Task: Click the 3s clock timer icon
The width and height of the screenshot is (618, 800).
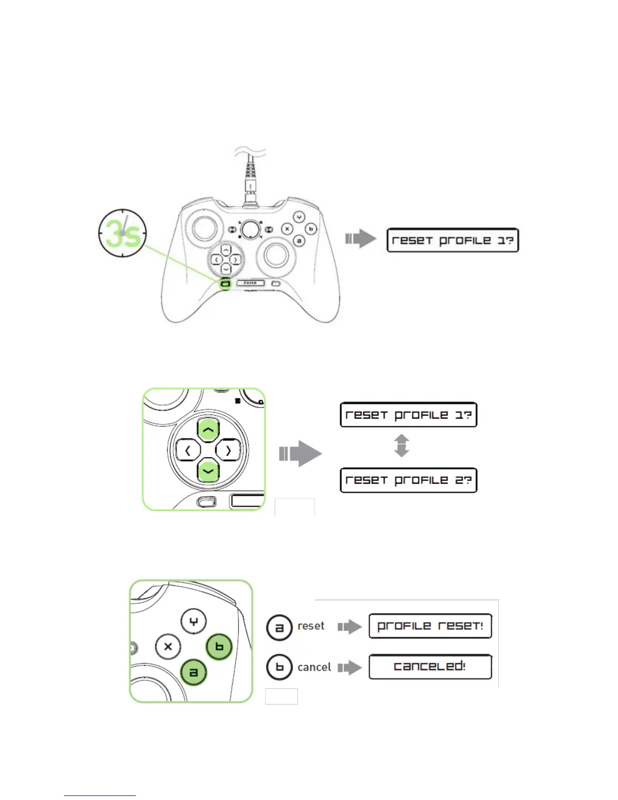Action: pyautogui.click(x=122, y=233)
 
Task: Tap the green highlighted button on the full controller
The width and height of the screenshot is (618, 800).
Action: pyautogui.click(x=225, y=284)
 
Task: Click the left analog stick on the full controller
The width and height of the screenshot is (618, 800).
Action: pyautogui.click(x=204, y=228)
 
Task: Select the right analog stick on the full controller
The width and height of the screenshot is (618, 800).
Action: pyautogui.click(x=276, y=255)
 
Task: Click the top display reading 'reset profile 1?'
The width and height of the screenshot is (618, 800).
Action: pyautogui.click(x=452, y=240)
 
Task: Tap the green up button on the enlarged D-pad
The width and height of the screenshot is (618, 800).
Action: pyautogui.click(x=208, y=430)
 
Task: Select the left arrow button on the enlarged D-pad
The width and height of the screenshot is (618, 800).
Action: pyautogui.click(x=188, y=450)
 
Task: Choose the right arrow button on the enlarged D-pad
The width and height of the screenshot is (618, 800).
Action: pyautogui.click(x=228, y=450)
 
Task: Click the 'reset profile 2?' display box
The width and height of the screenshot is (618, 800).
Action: pyautogui.click(x=408, y=480)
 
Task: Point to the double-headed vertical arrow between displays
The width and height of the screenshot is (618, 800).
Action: pyautogui.click(x=401, y=445)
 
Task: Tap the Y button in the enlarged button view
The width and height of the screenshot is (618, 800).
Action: pyautogui.click(x=194, y=622)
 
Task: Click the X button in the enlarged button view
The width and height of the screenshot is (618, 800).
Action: pyautogui.click(x=168, y=646)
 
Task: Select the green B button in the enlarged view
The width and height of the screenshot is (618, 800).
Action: pyautogui.click(x=219, y=647)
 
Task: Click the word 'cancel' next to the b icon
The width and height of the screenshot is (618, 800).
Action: pyautogui.click(x=314, y=667)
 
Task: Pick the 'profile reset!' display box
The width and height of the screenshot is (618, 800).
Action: pyautogui.click(x=430, y=626)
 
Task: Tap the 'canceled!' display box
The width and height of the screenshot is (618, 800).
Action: pyautogui.click(x=430, y=667)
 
